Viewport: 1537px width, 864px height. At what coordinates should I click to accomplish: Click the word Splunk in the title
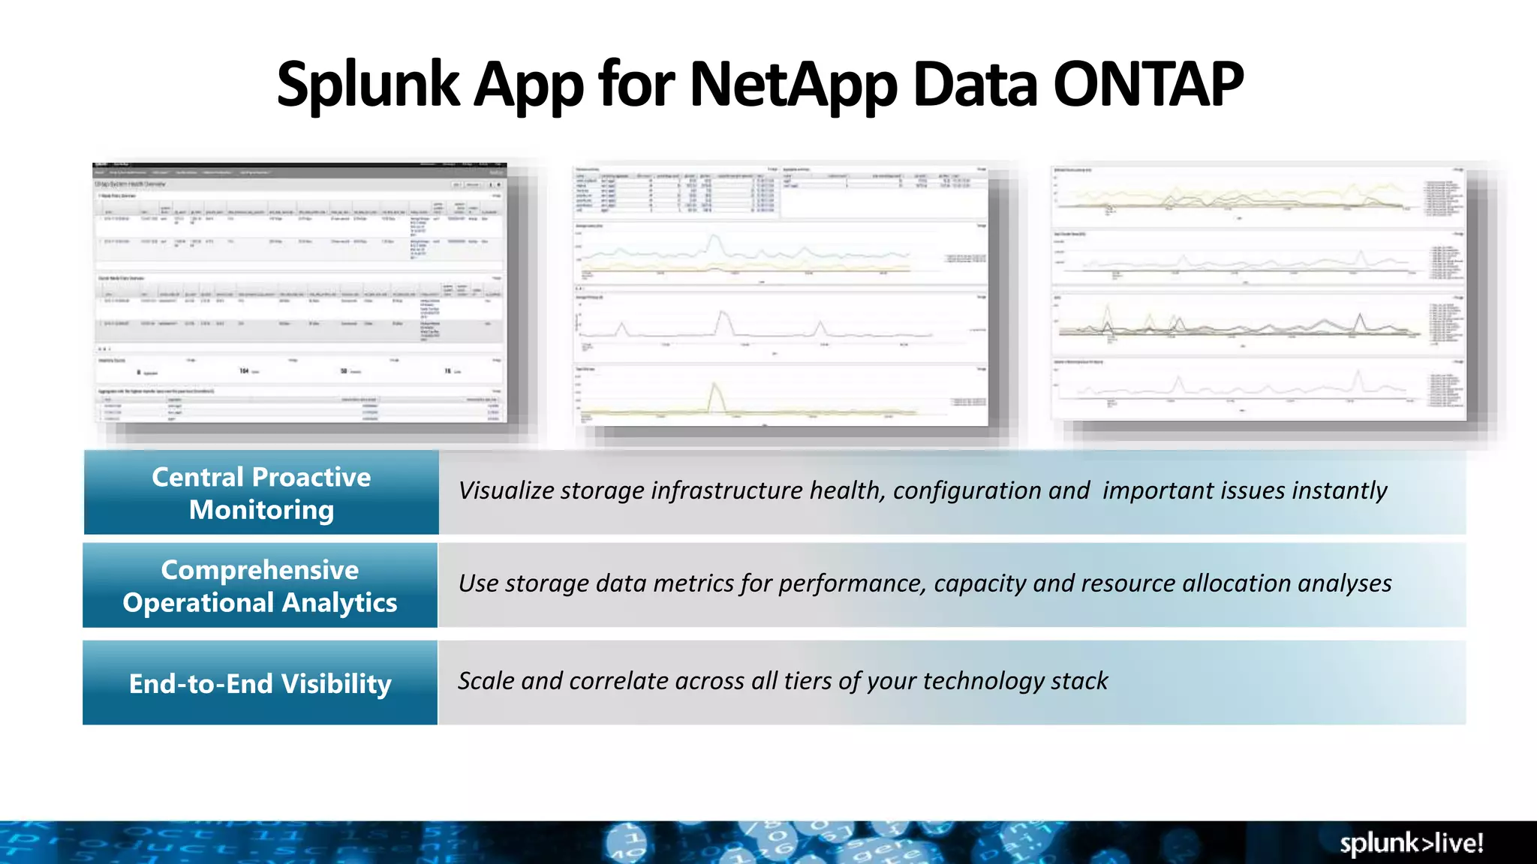368,85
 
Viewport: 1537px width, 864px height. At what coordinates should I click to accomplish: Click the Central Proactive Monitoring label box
261,493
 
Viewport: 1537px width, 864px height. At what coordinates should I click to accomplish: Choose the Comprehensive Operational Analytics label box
260,586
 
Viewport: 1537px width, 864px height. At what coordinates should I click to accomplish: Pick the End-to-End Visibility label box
260,683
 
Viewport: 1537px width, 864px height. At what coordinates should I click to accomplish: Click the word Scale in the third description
486,681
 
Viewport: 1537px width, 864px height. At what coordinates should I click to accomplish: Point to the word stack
1079,681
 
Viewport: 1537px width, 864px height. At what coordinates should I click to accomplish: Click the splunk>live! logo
1411,843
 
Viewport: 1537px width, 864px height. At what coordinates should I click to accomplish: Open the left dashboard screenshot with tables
300,292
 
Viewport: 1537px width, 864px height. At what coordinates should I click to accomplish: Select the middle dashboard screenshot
781,296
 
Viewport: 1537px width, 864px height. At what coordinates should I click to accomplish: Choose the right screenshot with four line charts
1258,292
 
